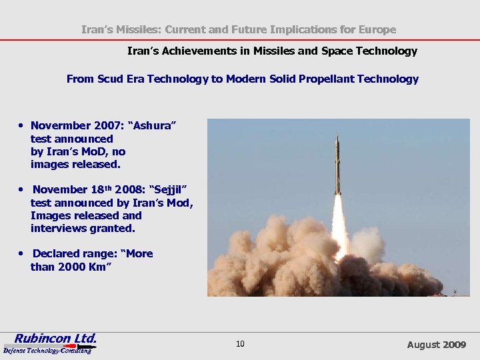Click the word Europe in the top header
[378, 29]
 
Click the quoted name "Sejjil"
[171, 190]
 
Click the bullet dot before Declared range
[23, 254]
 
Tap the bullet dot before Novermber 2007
[23, 125]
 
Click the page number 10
[240, 344]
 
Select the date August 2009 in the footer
[436, 345]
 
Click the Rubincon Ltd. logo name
[56, 337]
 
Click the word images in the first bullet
[49, 164]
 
